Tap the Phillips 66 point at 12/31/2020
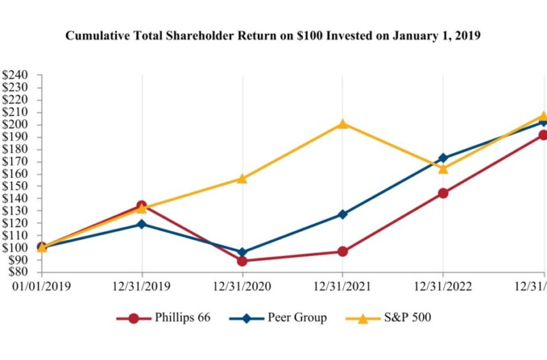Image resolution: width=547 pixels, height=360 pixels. click(x=242, y=261)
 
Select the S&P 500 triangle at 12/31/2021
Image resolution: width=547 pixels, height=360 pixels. click(x=342, y=123)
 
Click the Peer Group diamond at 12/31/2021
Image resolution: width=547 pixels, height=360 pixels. click(x=342, y=214)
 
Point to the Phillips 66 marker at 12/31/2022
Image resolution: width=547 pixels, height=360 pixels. click(x=443, y=193)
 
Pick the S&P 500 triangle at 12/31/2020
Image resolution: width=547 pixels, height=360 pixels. click(x=242, y=178)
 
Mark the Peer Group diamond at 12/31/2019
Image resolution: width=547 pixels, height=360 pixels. click(x=142, y=224)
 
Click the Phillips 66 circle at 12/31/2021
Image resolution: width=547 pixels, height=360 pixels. click(x=342, y=252)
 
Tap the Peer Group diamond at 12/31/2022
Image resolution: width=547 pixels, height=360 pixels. click(x=443, y=158)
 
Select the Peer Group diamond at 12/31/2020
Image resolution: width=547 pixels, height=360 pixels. click(x=242, y=252)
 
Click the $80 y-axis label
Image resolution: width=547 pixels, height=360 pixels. click(x=16, y=272)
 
